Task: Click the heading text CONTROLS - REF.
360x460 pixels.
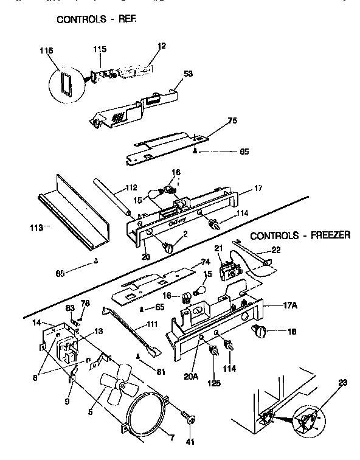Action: pos(97,19)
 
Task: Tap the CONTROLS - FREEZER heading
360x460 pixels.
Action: pos(300,235)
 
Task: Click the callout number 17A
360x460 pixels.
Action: pos(273,306)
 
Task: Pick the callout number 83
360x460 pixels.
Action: pos(69,307)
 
